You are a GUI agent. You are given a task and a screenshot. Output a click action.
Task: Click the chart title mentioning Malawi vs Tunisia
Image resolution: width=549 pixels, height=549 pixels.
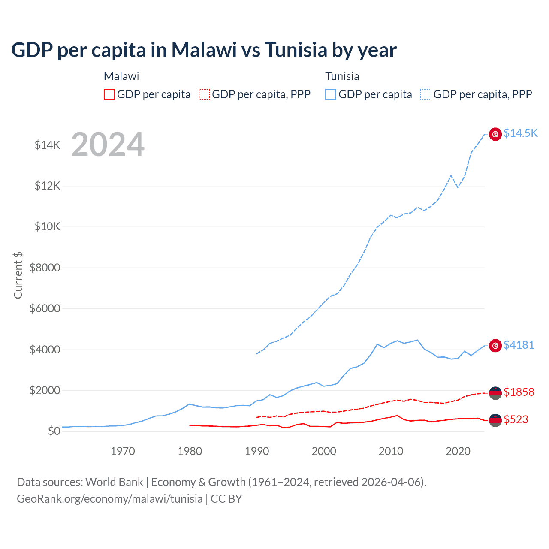tap(204, 50)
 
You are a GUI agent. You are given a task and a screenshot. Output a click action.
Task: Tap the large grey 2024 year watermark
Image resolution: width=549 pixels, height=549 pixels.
tap(108, 145)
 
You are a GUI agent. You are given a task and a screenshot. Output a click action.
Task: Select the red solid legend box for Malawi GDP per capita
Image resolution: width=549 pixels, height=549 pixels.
tap(109, 94)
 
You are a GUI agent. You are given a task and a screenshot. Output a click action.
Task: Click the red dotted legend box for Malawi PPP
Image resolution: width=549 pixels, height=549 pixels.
tap(204, 94)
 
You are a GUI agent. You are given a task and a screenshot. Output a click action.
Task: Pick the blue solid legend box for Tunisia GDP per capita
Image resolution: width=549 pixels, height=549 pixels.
tap(331, 94)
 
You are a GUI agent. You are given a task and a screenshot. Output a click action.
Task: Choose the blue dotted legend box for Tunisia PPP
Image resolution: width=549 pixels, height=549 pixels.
tap(426, 94)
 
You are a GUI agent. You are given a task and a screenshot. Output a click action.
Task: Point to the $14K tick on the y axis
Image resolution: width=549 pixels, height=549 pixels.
tap(47, 145)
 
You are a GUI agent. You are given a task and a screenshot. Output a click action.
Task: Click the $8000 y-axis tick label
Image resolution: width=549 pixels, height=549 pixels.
tap(45, 268)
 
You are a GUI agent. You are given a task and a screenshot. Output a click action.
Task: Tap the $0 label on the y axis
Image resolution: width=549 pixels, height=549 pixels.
tap(53, 431)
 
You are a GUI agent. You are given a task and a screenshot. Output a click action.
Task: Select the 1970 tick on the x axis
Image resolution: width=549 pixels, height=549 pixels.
tap(123, 451)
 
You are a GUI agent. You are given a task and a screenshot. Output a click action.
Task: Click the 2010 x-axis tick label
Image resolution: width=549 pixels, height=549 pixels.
tap(391, 451)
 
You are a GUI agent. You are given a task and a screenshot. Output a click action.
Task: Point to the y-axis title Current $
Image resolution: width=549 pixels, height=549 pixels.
tap(18, 275)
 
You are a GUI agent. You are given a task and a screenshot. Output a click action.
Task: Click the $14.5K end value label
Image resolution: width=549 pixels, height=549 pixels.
tap(520, 133)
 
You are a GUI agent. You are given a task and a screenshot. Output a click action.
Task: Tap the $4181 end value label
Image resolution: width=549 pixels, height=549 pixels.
tap(519, 345)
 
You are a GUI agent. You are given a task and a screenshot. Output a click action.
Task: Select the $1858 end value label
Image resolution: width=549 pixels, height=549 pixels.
tap(519, 392)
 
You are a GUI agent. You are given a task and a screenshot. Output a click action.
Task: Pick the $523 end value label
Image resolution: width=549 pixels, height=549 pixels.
tap(516, 419)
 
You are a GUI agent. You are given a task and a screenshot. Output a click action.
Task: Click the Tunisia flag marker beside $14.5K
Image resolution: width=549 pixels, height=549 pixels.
tap(495, 134)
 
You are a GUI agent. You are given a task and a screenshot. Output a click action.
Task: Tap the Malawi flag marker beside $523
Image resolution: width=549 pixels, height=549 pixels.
tap(495, 420)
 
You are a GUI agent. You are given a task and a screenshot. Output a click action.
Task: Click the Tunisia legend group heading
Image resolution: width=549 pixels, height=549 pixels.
tap(342, 76)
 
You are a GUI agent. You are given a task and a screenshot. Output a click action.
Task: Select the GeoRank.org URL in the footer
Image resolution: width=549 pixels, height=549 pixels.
tap(110, 499)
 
